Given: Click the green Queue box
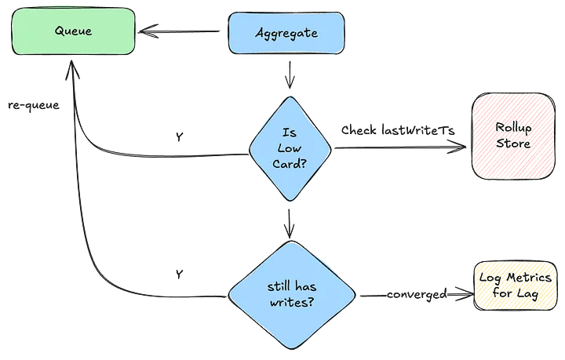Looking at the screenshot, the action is click(x=74, y=31).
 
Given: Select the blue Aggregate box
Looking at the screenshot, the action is click(x=286, y=33).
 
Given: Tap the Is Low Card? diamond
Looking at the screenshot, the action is click(x=290, y=149).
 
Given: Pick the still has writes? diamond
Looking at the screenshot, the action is click(x=292, y=295).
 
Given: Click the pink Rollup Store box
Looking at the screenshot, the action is click(x=513, y=136).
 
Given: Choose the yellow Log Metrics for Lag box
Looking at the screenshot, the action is click(x=516, y=285).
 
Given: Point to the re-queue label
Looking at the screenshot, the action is click(x=34, y=105).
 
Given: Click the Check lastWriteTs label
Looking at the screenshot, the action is click(x=398, y=130).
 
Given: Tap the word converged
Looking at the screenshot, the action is click(x=417, y=294).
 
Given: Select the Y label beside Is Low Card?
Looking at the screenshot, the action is click(x=180, y=136).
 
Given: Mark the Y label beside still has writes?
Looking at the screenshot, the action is click(x=180, y=275).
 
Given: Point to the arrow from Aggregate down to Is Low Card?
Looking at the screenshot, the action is click(x=290, y=75).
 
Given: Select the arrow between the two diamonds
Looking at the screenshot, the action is click(x=290, y=224).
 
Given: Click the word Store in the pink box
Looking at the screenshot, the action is click(x=513, y=144).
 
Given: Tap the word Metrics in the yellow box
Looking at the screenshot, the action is click(x=529, y=277).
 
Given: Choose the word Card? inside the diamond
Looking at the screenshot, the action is click(x=290, y=164).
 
